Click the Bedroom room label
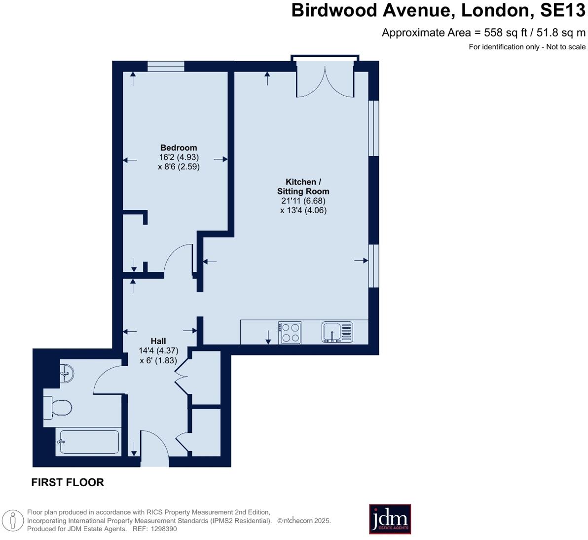(179, 148)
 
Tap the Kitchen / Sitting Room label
(303, 187)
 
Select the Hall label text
(158, 341)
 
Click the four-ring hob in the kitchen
(290, 332)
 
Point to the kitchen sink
(337, 332)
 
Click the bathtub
(89, 441)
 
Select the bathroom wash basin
(67, 373)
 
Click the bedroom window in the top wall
(166, 66)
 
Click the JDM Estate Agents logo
(390, 519)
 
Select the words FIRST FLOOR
(68, 483)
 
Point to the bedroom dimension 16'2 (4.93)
(179, 157)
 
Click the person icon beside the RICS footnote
(13, 520)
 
